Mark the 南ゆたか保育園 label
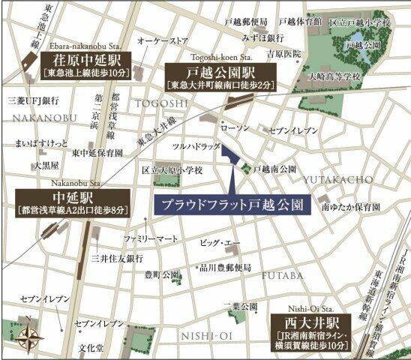(349, 205)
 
